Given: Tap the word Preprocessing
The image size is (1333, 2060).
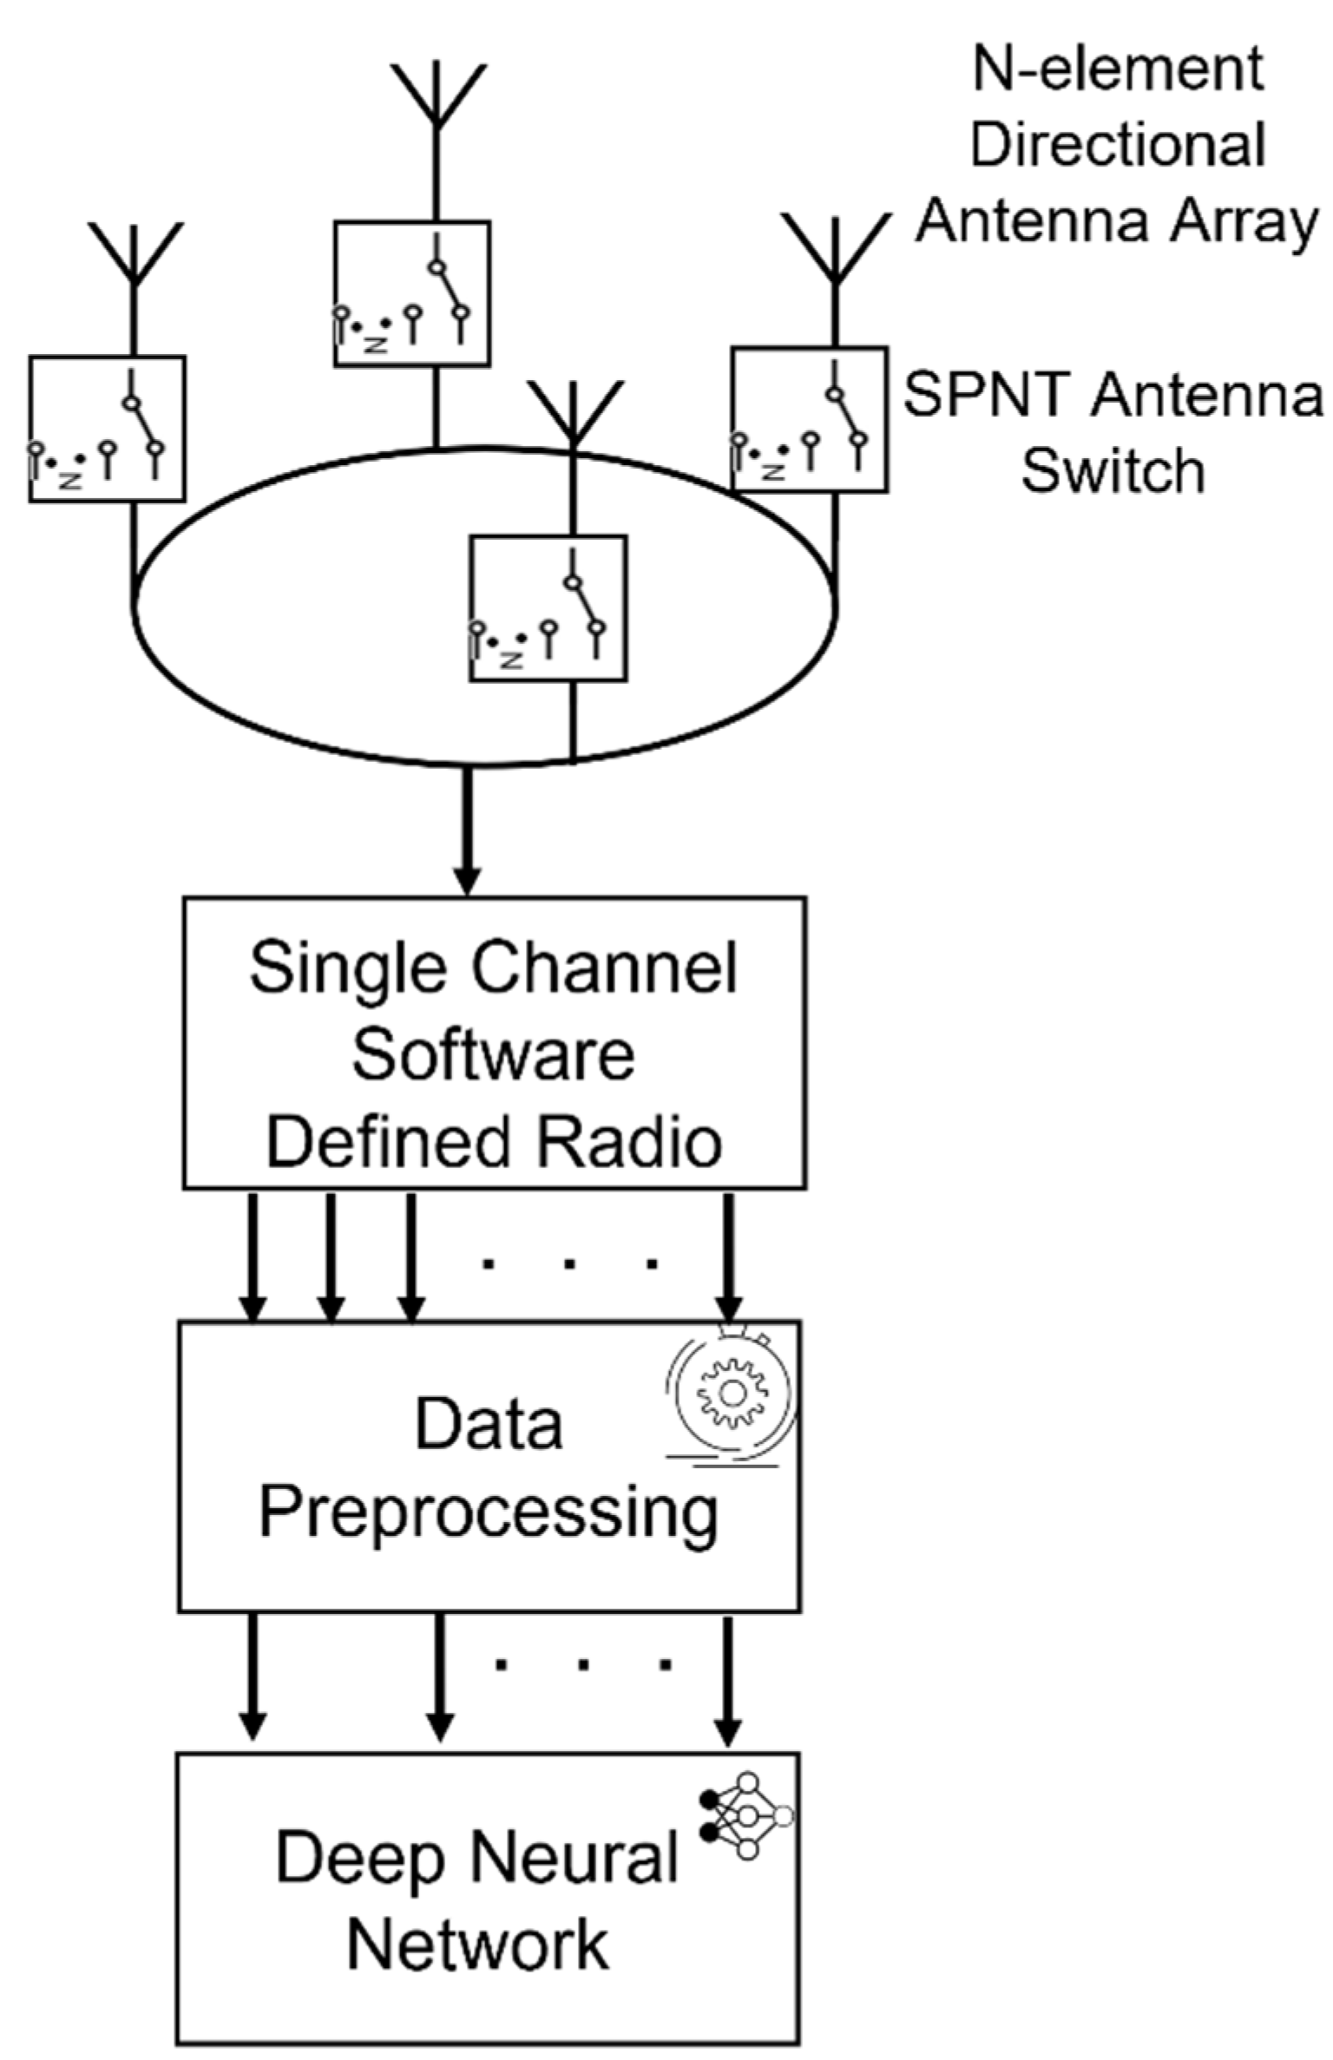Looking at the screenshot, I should coord(489,1514).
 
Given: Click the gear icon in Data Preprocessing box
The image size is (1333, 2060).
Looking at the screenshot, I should coord(732,1393).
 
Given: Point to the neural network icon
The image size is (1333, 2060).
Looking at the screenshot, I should coord(747,1815).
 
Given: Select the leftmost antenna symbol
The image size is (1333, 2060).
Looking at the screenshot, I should coord(134,256).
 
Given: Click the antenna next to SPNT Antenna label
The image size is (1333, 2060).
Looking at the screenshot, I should coord(835,252).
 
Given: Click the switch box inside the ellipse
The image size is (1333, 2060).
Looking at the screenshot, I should coord(548,608).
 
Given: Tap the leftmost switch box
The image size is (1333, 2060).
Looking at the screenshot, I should coord(107,429).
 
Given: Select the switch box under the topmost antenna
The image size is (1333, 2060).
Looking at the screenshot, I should coord(412,293).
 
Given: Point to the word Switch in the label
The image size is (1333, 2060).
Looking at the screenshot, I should coord(1113,471).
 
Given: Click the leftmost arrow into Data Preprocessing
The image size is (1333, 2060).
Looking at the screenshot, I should coord(253,1258).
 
